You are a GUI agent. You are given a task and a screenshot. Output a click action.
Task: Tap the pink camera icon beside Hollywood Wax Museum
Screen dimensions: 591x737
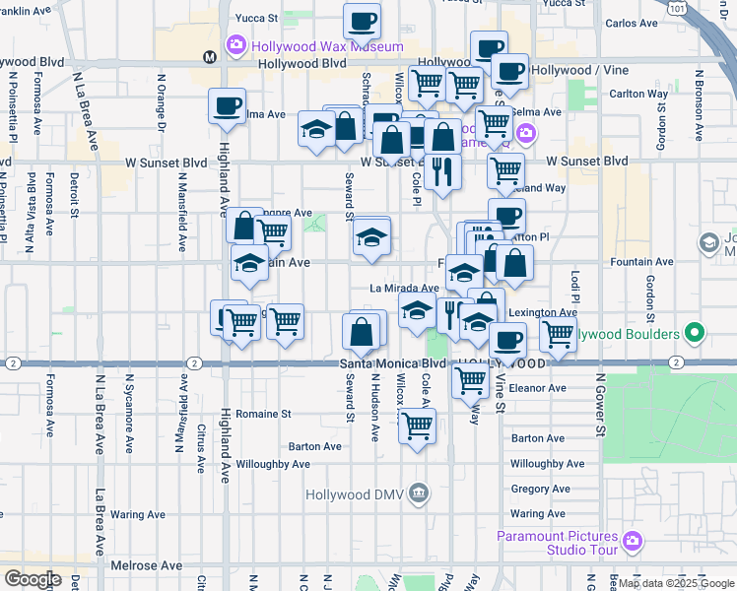click(235, 44)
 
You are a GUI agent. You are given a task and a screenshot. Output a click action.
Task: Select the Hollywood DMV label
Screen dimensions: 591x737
click(357, 494)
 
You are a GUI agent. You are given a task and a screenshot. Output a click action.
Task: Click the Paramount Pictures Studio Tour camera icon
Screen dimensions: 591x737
click(632, 541)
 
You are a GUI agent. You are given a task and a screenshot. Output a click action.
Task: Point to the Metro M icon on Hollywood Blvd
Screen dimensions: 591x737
click(210, 57)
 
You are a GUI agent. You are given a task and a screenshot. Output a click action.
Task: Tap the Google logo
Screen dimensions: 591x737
click(33, 579)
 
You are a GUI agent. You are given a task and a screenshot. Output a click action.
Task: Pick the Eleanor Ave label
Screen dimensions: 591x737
click(537, 388)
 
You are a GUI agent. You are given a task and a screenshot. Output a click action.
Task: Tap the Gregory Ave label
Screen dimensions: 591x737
click(537, 489)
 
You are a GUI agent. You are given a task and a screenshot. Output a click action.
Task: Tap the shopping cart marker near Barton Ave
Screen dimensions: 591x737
click(418, 427)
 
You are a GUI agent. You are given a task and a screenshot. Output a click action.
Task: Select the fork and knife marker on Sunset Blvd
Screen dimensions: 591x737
click(443, 172)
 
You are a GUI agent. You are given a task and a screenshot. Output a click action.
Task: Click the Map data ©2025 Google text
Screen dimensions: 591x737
click(675, 583)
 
